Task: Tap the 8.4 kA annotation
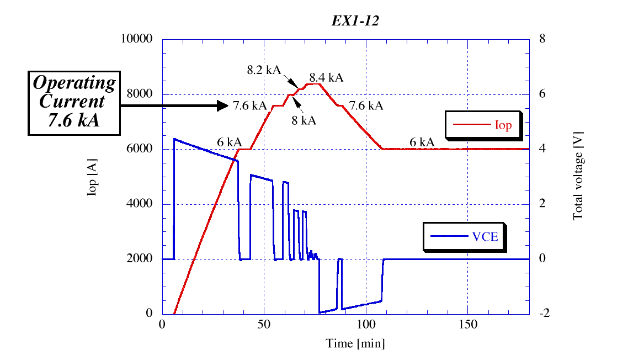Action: (x=326, y=77)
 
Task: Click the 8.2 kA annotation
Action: (x=264, y=70)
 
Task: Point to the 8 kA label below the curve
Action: (x=304, y=120)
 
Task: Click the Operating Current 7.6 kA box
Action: (x=74, y=102)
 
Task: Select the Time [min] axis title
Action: (x=355, y=343)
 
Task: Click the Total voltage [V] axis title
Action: (x=578, y=176)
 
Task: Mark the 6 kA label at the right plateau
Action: (x=422, y=142)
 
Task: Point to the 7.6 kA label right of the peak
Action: (x=366, y=105)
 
